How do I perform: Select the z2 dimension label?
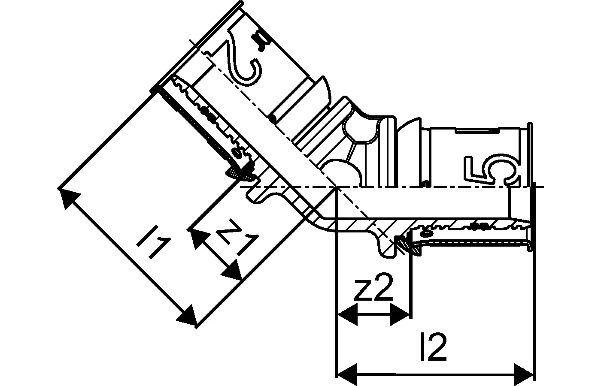pos(374,287)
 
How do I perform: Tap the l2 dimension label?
pos(433,347)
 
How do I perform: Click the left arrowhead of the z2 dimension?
pos(347,314)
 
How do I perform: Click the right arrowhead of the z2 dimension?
pos(400,314)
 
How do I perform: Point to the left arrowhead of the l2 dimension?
pos(347,374)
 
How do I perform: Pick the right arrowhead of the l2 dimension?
pos(523,374)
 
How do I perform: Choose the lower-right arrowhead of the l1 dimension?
pos(187,315)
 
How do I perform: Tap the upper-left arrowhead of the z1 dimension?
pos(200,239)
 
